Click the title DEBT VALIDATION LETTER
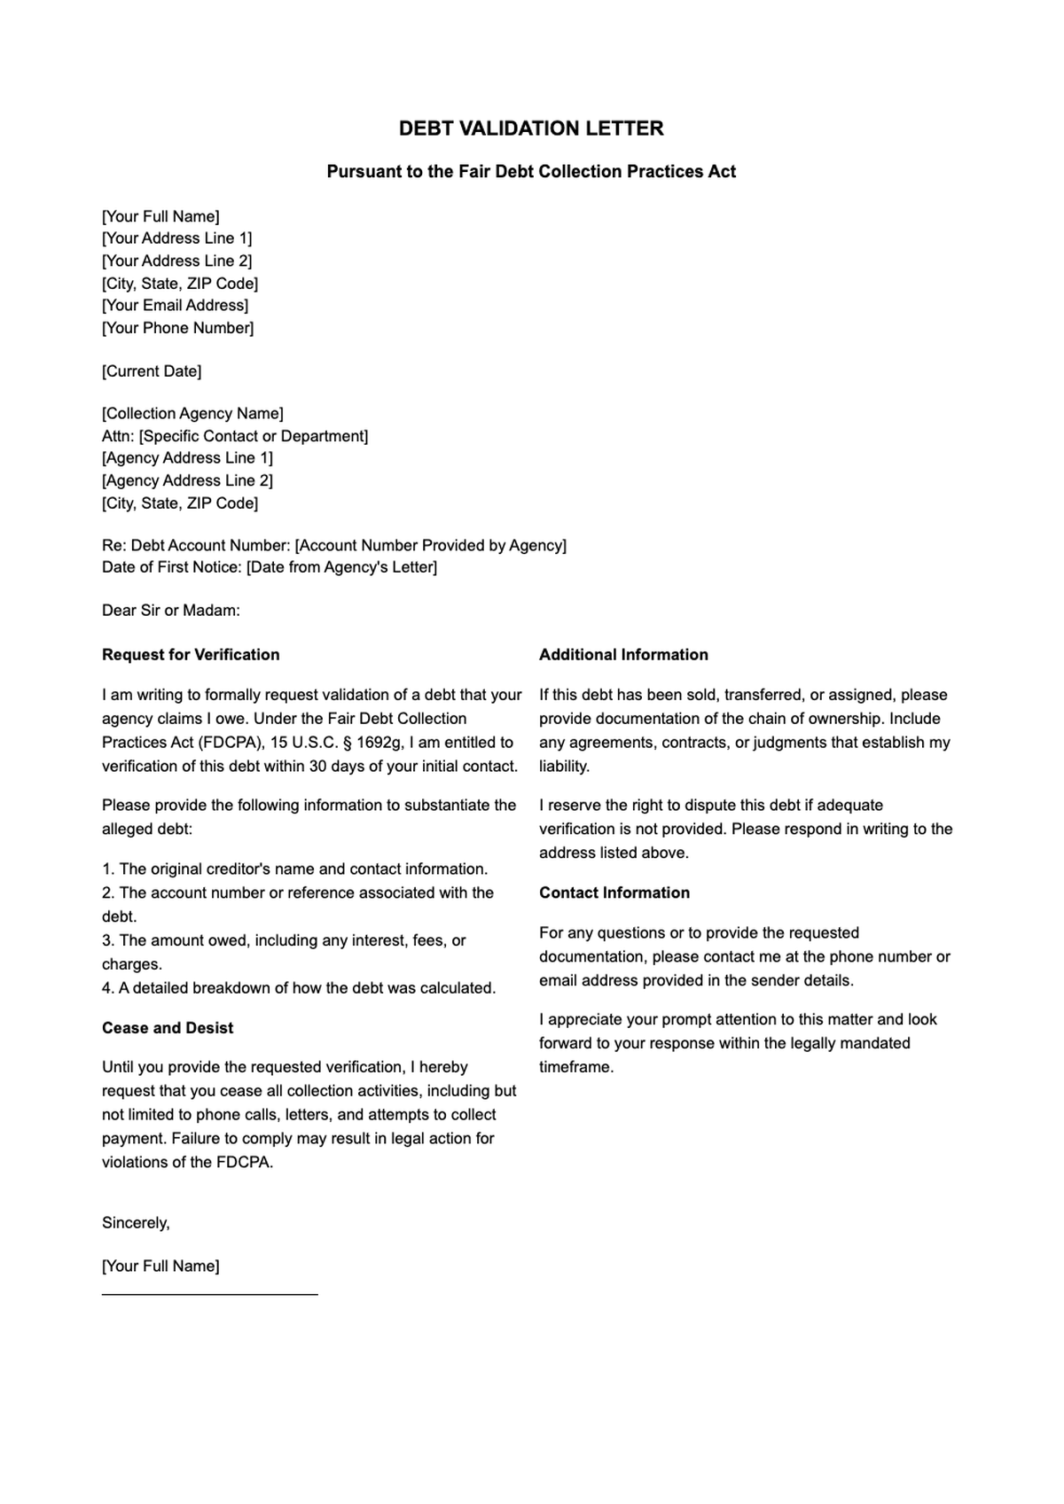tap(531, 129)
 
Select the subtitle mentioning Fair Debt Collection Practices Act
tap(531, 172)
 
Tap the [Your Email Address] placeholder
tap(175, 306)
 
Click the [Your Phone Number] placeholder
tap(177, 328)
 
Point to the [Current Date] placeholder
tap(152, 371)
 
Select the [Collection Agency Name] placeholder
tap(192, 414)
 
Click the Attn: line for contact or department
tap(235, 436)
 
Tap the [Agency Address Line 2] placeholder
tap(187, 480)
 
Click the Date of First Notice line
tap(270, 567)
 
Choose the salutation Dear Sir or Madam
tap(171, 611)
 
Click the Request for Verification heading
tap(191, 655)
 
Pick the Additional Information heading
tap(623, 655)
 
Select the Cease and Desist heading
tap(168, 1028)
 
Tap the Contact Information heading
tap(614, 893)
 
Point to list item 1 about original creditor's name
tap(294, 869)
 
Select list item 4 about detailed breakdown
tap(299, 988)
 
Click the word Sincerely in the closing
tap(136, 1223)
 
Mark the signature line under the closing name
tap(209, 1294)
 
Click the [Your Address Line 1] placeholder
tap(176, 238)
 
